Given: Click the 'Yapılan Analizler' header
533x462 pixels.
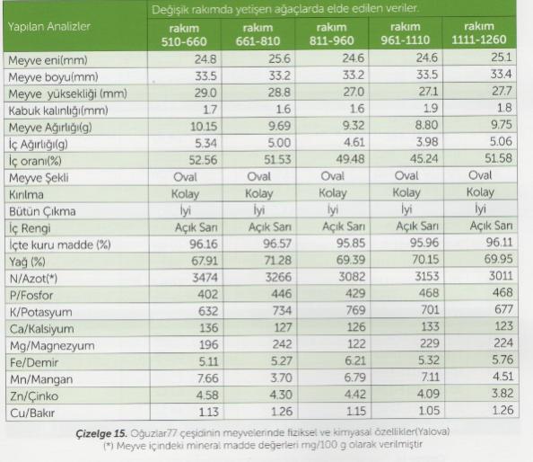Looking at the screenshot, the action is [49, 27].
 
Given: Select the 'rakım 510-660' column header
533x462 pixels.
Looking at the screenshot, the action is [184, 35].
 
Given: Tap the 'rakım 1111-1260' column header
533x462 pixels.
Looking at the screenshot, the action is [479, 33].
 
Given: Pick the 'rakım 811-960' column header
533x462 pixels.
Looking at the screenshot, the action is [331, 33].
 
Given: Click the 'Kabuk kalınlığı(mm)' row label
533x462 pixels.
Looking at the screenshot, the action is [58, 111].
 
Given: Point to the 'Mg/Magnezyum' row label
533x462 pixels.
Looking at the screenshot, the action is [52, 346].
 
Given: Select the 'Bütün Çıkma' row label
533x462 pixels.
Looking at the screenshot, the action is [42, 211].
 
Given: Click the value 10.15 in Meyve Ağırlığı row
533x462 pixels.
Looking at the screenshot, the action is [204, 127].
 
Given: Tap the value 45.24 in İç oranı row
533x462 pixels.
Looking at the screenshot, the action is [424, 159].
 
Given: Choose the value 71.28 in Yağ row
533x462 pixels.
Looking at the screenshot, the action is [278, 260].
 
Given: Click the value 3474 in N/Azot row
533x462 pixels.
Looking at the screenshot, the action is [205, 278].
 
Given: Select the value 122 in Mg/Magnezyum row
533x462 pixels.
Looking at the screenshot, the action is [355, 344].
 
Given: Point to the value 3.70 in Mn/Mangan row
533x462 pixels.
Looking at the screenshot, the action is [281, 378].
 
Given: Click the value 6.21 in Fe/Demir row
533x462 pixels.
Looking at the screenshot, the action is [355, 360].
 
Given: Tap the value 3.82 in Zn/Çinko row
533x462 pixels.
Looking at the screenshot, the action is [502, 393].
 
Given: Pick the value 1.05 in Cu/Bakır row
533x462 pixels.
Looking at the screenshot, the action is [429, 410].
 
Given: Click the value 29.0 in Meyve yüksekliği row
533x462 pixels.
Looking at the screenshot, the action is [205, 93].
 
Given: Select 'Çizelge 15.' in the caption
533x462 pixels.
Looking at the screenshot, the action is [101, 434].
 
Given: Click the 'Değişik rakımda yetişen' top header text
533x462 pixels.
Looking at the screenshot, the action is [227, 10].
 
